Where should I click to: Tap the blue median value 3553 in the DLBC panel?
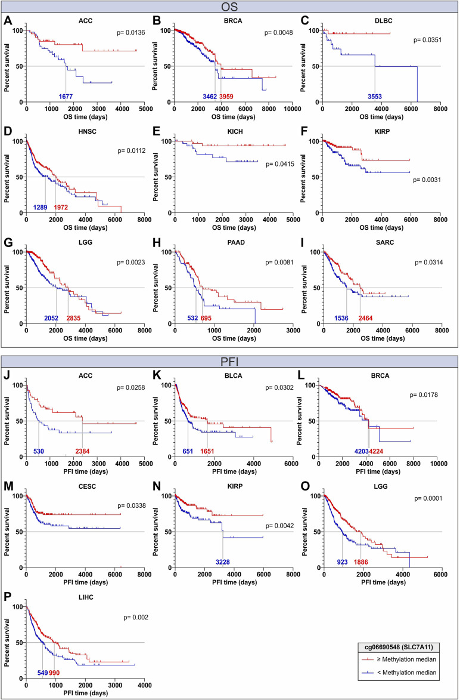374,96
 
